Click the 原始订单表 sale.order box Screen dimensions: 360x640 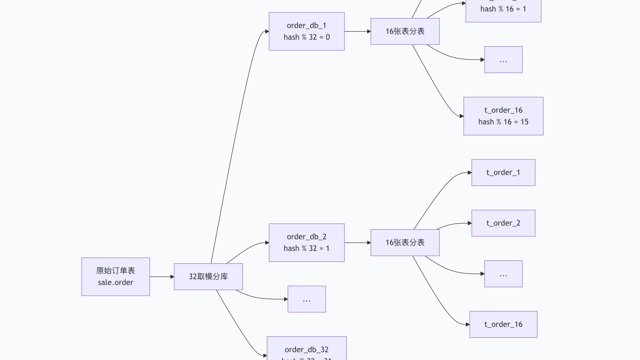pos(116,276)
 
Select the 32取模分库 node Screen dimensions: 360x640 pos(208,276)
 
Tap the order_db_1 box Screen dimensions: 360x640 pos(306,31)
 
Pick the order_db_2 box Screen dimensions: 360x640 pos(306,243)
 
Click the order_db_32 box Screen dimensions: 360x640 pos(306,350)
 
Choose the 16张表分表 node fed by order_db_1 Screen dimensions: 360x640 pos(405,31)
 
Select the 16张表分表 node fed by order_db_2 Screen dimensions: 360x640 pos(405,243)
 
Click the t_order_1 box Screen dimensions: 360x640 pos(503,172)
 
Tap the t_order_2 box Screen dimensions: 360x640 pos(503,223)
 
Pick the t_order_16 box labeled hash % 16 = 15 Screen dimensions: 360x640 pos(503,116)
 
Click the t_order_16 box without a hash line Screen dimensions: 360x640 pos(503,324)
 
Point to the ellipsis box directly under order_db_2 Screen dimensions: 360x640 pos(306,299)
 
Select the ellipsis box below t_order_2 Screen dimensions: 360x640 pos(503,274)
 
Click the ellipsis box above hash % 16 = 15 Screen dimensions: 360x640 pos(503,59)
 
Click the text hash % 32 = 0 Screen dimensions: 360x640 pos(306,37)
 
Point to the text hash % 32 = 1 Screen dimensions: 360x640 pos(306,249)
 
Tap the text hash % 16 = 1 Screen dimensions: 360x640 pos(503,9)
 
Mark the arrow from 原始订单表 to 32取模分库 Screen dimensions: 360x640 pos(162,276)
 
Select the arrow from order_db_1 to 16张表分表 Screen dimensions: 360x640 pos(357,32)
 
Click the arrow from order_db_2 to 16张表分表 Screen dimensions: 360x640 pos(357,243)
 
